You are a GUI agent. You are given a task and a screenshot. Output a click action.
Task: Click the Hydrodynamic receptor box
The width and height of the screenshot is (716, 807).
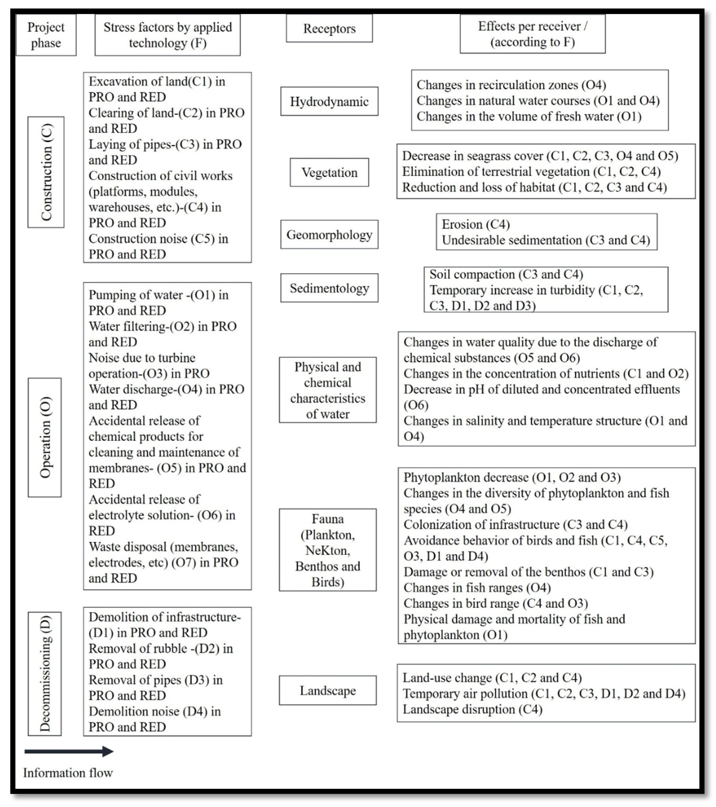329,102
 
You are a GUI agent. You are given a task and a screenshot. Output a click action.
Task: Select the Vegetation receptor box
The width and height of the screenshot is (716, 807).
329,173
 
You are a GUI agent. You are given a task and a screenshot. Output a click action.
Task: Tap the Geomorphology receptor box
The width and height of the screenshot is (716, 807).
329,234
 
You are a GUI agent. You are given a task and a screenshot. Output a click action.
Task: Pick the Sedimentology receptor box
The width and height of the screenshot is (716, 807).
329,288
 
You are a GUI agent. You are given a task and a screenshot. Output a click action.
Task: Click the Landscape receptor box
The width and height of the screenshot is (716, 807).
328,690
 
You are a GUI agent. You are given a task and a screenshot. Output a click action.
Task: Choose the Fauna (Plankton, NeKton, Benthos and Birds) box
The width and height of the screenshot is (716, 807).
328,550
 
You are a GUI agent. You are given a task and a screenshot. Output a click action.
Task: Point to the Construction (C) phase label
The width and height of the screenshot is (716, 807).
46,172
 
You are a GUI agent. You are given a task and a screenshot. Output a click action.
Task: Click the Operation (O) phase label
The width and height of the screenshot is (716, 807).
45,437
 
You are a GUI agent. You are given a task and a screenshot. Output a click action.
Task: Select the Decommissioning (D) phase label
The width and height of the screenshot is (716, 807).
45,674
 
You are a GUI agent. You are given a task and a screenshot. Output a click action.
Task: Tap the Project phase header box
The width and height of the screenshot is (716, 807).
46,35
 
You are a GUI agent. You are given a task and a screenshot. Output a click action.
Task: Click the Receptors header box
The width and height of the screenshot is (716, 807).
329,28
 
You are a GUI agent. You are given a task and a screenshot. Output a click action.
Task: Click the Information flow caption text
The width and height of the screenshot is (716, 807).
68,773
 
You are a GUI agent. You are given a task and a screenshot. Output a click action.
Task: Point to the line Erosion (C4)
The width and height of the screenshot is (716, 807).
476,224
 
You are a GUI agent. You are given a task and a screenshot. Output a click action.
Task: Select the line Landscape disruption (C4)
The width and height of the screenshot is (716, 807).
472,709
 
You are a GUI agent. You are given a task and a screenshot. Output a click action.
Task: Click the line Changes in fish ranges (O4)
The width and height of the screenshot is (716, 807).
477,588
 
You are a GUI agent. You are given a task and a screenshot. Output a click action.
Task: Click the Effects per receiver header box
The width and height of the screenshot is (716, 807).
532,34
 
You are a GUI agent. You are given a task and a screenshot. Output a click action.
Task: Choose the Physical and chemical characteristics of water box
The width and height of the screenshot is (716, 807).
328,390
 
